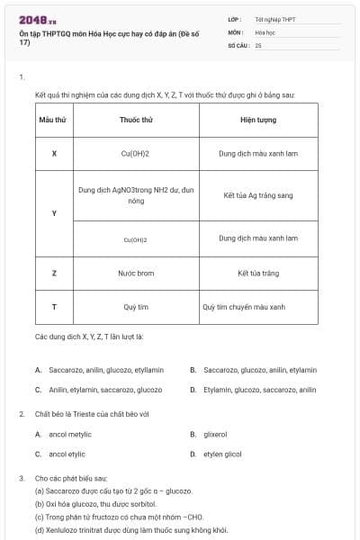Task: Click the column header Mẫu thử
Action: pos(54,119)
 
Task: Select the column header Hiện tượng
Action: pos(257,119)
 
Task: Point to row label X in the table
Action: pos(54,153)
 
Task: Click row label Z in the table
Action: pos(54,273)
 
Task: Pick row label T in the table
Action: pos(54,307)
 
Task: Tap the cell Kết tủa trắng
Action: pos(257,273)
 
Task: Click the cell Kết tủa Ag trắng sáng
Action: pos(257,195)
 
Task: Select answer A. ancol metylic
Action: pos(64,434)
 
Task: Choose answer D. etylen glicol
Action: pos(220,454)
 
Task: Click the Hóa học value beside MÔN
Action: pos(265,31)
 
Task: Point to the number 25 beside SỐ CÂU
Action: pos(258,44)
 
